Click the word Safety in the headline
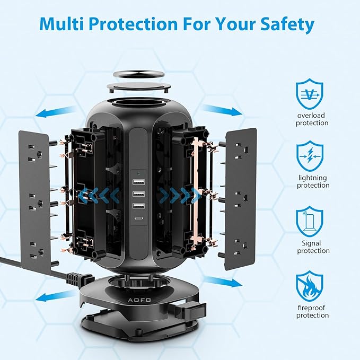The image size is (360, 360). (287, 24)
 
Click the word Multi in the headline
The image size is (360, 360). (61, 24)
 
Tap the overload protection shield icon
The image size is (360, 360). (310, 94)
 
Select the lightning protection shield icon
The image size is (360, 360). (310, 156)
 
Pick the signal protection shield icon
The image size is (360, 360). (310, 222)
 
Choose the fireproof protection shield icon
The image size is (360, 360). (310, 286)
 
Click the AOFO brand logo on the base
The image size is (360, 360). (139, 300)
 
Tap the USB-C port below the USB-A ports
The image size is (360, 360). (138, 218)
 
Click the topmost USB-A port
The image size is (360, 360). (138, 182)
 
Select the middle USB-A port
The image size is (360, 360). (138, 194)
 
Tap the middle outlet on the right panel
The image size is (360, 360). (242, 200)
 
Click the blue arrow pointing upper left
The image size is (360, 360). (56, 111)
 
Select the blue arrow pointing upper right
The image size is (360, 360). (222, 110)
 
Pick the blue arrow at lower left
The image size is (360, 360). (56, 295)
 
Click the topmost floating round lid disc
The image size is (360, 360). (139, 74)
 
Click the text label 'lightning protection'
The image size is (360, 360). (313, 181)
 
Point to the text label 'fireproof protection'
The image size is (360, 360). (312, 311)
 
